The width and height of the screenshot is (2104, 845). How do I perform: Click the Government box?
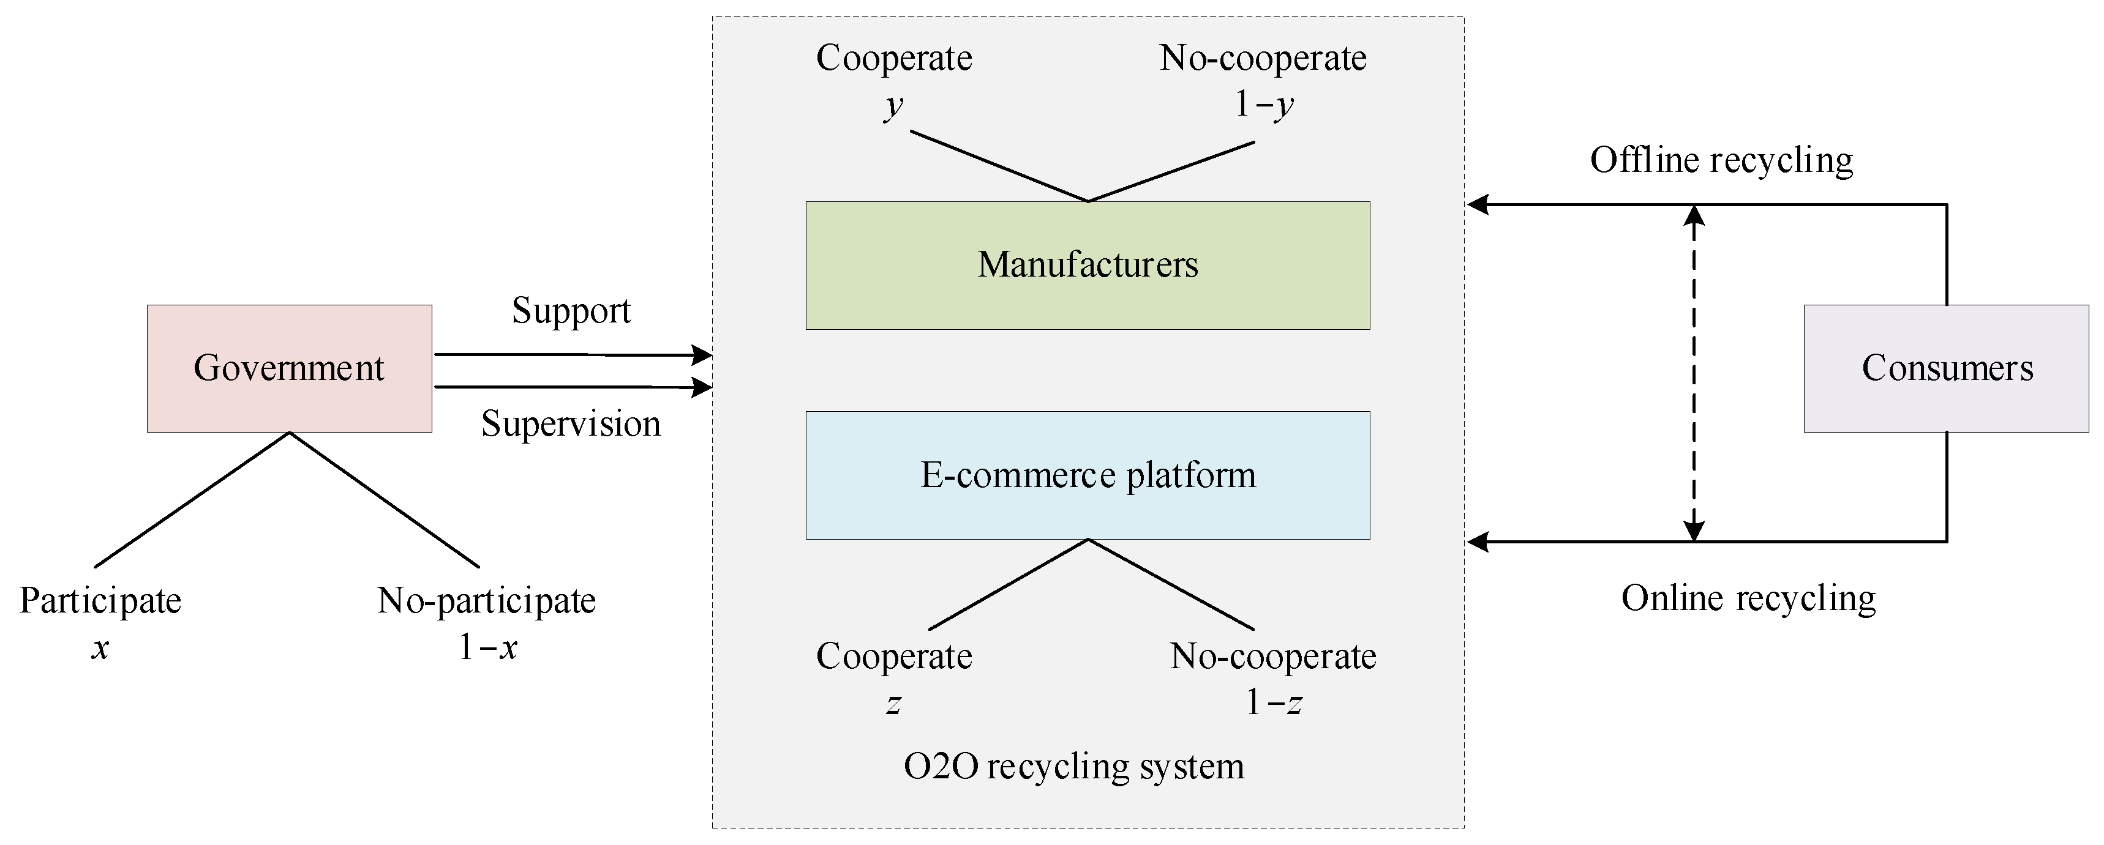coord(289,368)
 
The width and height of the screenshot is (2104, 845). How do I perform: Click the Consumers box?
coord(1947,368)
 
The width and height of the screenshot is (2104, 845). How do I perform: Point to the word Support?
coord(571,311)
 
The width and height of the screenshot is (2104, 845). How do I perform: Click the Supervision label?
coord(571,424)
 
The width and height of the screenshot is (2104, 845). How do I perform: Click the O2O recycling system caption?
coord(1073,767)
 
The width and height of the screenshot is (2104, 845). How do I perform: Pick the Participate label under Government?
coord(100,601)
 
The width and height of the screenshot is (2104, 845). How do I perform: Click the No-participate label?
coord(487,601)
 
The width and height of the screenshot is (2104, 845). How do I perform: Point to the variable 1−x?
coord(487,647)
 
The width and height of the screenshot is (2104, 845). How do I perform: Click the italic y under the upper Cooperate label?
coord(893,105)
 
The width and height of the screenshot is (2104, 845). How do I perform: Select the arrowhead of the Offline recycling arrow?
coord(1478,204)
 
